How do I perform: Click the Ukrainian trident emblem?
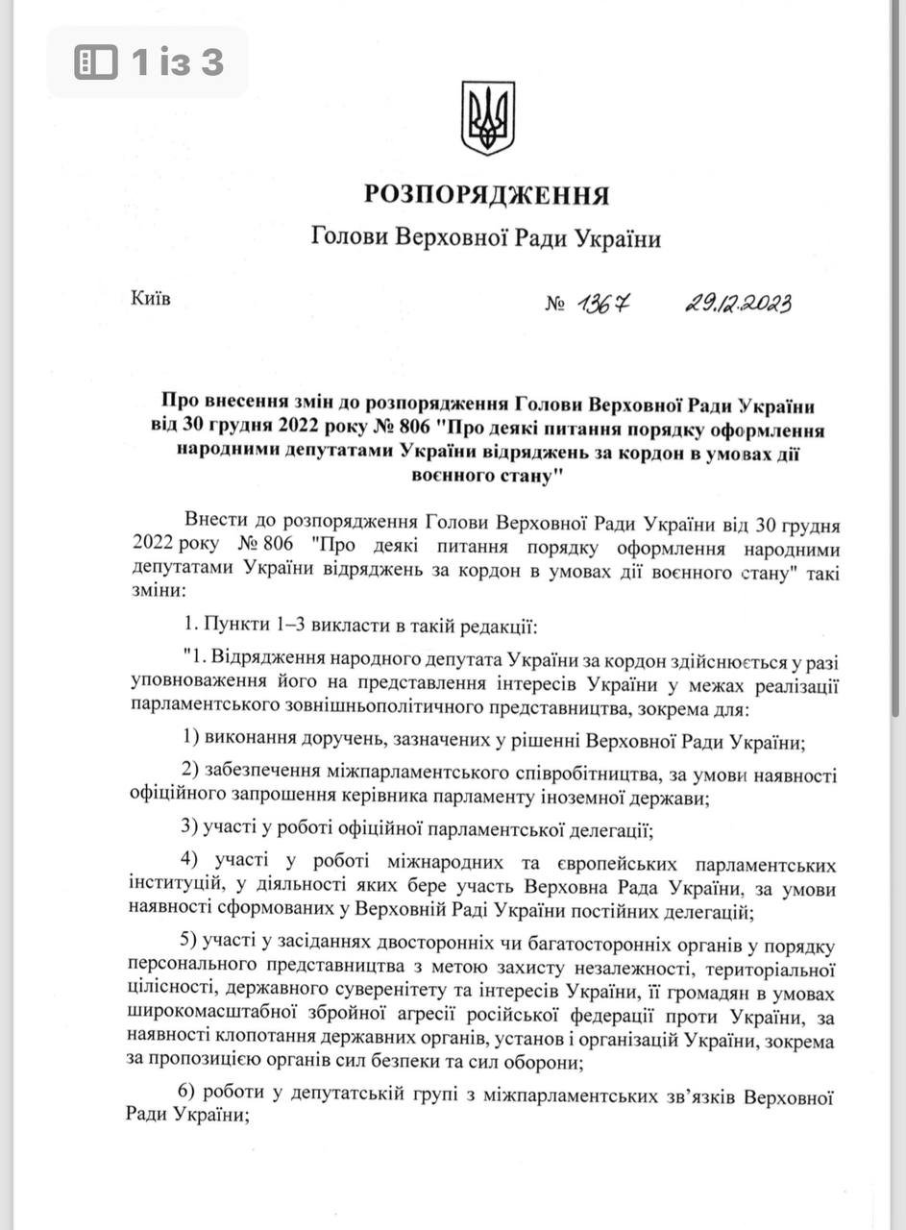coord(488,117)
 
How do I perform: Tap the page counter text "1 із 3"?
coord(177,63)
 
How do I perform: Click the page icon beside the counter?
coord(96,63)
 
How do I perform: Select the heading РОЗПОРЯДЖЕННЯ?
coord(486,195)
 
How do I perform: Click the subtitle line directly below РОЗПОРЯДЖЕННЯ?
coord(486,237)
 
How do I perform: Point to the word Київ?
coord(150,300)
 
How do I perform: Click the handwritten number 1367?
coord(605,305)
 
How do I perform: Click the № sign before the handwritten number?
coord(555,306)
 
